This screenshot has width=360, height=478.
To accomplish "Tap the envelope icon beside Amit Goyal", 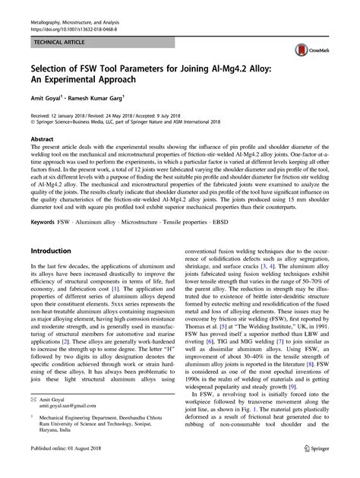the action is (x=32, y=400).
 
